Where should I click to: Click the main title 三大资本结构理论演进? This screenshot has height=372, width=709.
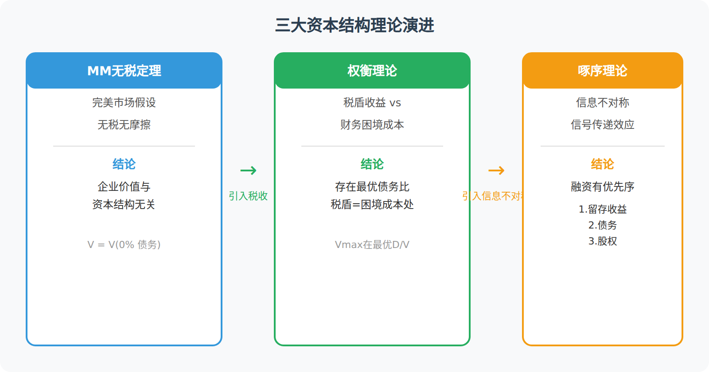(354, 25)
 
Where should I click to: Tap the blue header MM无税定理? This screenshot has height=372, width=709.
(124, 70)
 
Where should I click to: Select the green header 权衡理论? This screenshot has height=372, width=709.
(372, 70)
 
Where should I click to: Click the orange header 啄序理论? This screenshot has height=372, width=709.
(603, 70)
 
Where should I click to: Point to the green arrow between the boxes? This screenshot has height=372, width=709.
(249, 170)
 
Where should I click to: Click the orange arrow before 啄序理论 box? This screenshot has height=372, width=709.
(497, 170)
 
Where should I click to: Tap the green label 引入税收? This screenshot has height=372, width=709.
(248, 196)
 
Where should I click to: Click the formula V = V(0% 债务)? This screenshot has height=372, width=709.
(124, 244)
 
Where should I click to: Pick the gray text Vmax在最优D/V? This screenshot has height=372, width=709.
(372, 244)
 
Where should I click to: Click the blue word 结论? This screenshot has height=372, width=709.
(124, 164)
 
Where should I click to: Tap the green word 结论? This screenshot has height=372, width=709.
(372, 164)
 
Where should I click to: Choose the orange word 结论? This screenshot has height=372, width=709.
(603, 164)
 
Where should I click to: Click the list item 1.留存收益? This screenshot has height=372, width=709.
(603, 209)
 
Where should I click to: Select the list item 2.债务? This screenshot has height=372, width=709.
(603, 225)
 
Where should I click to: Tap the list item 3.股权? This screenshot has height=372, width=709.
(603, 241)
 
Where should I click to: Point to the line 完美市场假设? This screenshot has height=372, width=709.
(124, 102)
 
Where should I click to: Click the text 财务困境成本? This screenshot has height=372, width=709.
(372, 124)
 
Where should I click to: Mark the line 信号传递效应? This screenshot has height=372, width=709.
(603, 124)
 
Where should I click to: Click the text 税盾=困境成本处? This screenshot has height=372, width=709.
(372, 205)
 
